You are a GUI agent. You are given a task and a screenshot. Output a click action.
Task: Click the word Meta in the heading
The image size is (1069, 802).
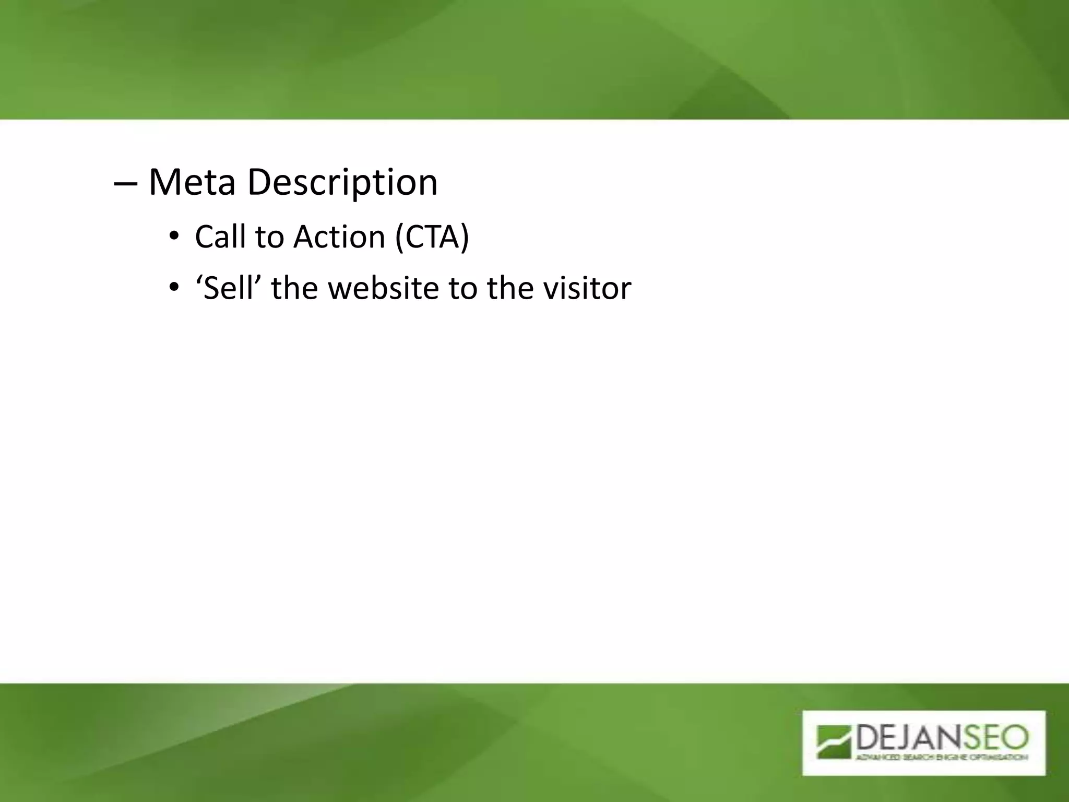(x=192, y=182)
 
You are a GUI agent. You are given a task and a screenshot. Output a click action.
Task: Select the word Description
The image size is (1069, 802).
(x=342, y=183)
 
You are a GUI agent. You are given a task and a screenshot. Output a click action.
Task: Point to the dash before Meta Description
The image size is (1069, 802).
(x=125, y=184)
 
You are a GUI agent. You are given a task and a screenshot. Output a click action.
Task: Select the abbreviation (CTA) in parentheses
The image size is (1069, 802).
(x=432, y=237)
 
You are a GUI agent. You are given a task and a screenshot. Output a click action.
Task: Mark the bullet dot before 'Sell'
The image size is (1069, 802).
(x=174, y=288)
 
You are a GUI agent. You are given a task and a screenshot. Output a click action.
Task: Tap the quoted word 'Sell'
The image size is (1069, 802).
(x=228, y=288)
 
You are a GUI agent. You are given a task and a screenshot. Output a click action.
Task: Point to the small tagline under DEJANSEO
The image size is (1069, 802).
(x=940, y=757)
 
